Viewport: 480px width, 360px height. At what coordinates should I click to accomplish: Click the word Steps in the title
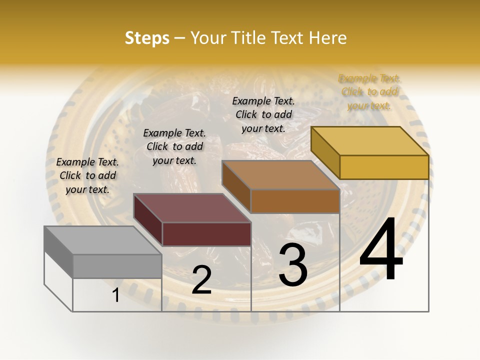point(146,38)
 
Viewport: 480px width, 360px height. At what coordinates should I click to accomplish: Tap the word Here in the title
point(328,38)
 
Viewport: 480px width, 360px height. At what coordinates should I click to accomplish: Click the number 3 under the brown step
point(292,264)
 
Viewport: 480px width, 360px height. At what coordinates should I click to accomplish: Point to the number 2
point(201,280)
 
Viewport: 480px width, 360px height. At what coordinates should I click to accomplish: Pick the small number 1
point(116,295)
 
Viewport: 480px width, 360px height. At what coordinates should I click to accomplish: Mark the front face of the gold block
point(384,167)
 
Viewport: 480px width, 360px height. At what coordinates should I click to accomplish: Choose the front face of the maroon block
point(206,234)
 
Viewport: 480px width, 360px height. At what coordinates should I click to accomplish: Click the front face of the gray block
point(117,266)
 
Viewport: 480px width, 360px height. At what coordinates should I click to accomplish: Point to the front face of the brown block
point(295,201)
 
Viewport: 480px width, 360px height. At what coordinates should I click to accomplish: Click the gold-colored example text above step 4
point(369,92)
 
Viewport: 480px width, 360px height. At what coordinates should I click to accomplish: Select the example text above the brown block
point(263,114)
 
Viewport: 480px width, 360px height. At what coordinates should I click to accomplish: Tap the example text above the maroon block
point(174,146)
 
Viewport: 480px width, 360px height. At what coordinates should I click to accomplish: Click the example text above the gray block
point(87,175)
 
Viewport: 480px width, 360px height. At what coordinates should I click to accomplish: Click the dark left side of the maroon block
point(148,220)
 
